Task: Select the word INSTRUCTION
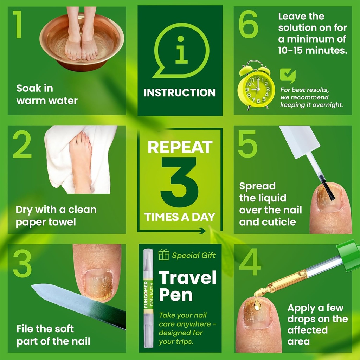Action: (x=180, y=93)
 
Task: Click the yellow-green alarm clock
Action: (x=256, y=87)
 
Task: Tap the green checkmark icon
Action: (x=287, y=76)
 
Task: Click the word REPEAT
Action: (x=180, y=147)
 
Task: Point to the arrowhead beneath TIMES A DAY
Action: (x=202, y=231)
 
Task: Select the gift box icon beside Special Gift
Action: (x=163, y=255)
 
